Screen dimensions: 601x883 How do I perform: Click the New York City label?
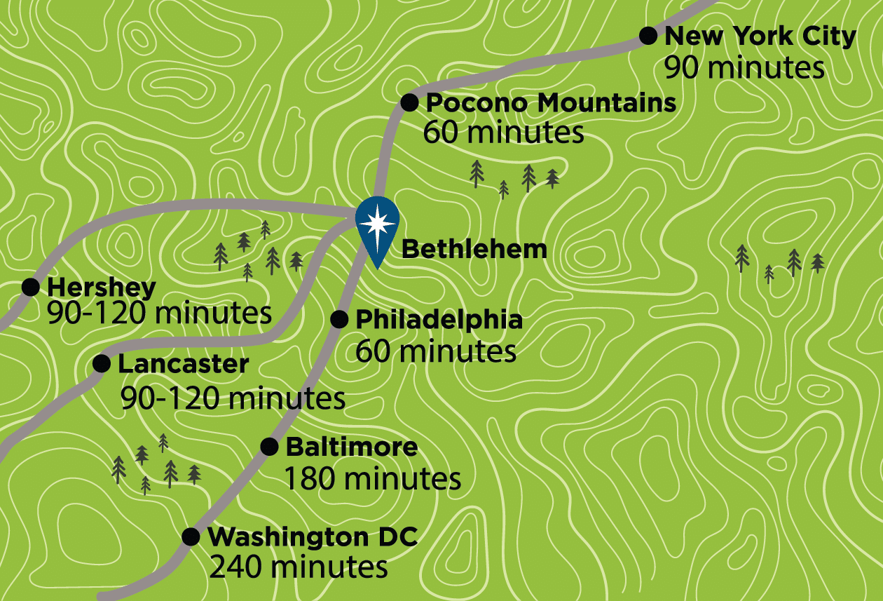point(760,36)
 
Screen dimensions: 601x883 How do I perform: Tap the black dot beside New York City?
point(649,35)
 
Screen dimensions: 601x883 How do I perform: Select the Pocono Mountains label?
point(551,103)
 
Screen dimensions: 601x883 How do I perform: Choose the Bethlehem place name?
point(474,249)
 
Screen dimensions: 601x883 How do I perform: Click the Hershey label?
point(102,287)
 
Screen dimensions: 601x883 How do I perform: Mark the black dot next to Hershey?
point(31,287)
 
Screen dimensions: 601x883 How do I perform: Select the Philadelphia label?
point(439,320)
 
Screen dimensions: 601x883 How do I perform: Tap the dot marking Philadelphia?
point(339,320)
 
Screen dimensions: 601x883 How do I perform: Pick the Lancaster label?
point(183,364)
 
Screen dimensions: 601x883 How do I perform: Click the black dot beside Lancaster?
point(102,363)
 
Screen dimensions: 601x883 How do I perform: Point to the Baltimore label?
point(352,447)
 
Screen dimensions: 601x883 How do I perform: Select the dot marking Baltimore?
point(269,447)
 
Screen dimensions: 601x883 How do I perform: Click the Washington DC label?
point(313,537)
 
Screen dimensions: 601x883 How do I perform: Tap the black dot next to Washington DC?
point(190,536)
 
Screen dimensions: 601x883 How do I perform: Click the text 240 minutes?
point(299,567)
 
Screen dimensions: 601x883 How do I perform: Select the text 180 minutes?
point(372,479)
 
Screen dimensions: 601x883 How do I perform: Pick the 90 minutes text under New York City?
point(744,68)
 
